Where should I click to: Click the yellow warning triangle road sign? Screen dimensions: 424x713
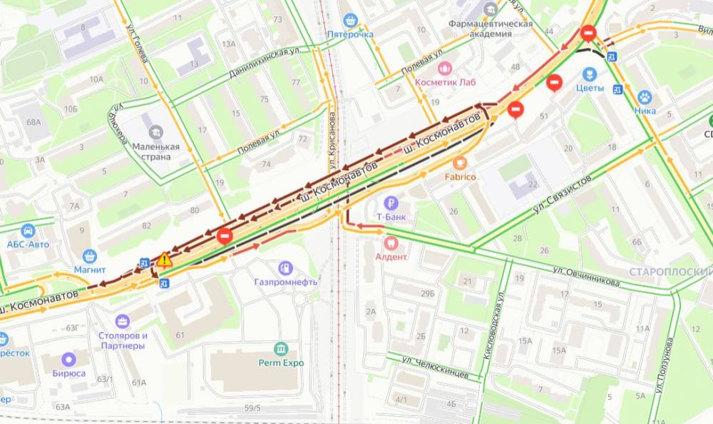pos(165,259)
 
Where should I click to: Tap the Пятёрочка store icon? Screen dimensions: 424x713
pos(349,20)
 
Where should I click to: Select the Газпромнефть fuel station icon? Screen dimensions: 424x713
pos(285,268)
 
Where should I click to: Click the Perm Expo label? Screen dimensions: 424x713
pos(282,363)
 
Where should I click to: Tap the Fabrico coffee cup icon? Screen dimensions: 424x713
pos(460,163)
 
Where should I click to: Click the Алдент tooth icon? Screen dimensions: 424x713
pos(390,243)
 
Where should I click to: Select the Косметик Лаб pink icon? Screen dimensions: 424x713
pos(446,68)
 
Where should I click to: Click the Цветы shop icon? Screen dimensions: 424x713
pos(590,74)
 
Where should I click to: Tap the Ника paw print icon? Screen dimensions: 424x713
pos(645,97)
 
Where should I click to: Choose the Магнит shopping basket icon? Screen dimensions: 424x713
pos(90,256)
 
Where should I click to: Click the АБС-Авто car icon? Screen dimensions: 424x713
pos(28,231)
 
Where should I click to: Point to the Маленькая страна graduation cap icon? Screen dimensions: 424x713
pos(155,132)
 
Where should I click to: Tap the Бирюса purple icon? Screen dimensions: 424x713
pos(68,359)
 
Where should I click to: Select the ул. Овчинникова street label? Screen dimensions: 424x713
pos(586,276)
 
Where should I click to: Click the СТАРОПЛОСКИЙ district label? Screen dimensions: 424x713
pos(670,272)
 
